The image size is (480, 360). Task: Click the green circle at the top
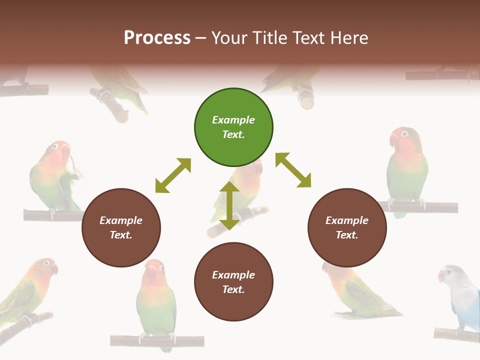click(x=233, y=127)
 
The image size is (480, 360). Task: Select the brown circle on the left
click(x=121, y=227)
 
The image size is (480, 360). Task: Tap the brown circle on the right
click(x=347, y=227)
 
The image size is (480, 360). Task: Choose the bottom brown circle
click(x=233, y=282)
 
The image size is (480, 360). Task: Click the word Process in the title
click(x=157, y=38)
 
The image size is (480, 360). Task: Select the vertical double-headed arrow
click(x=229, y=205)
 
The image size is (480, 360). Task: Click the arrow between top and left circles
click(x=173, y=175)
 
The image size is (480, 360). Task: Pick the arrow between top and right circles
click(x=293, y=170)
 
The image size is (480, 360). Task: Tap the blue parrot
click(x=460, y=297)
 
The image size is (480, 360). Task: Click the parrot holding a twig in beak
click(x=55, y=177)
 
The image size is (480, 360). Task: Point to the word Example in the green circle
click(x=233, y=120)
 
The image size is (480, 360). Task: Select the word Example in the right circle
click(x=347, y=220)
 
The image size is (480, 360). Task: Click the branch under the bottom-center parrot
click(x=157, y=341)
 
